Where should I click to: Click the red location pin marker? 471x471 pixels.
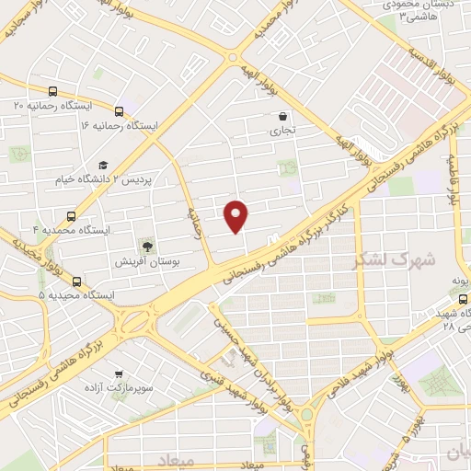coord(237,214)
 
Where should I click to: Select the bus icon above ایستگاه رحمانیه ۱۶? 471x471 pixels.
coord(118,110)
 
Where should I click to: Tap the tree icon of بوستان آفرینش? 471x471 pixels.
coord(146,246)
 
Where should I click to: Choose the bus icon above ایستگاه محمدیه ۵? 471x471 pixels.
coord(75,281)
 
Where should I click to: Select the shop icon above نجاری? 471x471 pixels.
coord(281,117)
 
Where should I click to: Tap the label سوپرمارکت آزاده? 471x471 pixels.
coord(119,388)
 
